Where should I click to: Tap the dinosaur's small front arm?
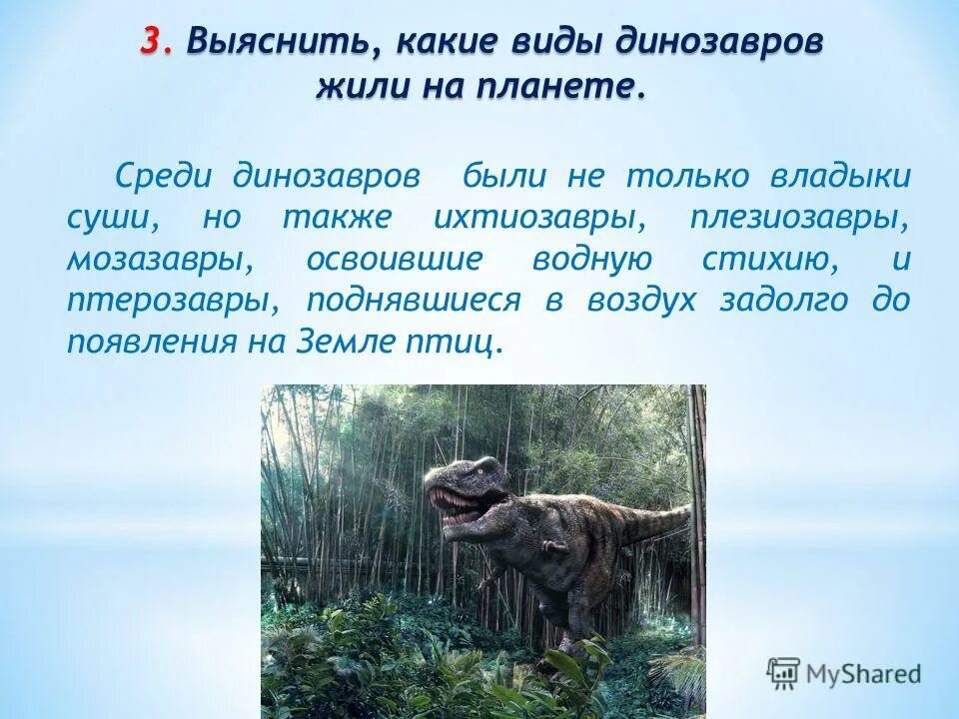(x=551, y=544)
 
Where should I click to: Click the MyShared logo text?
(x=864, y=674)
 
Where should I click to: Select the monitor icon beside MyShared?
(x=784, y=673)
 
